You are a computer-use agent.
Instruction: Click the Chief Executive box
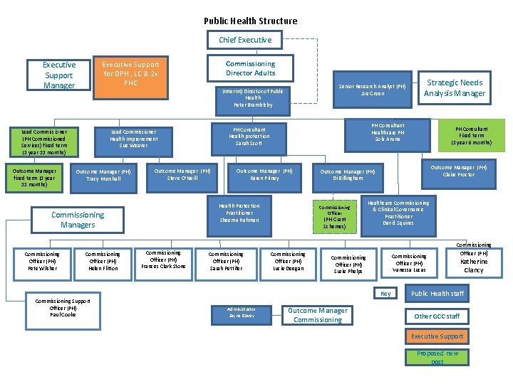[x=245, y=40]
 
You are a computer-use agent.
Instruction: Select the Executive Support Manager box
[x=59, y=75]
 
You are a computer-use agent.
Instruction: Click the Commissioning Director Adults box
[x=250, y=68]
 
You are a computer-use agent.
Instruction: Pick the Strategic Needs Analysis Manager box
[x=454, y=88]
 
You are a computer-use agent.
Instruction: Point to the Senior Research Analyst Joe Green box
[x=372, y=90]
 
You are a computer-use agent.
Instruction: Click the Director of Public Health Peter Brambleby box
[x=253, y=98]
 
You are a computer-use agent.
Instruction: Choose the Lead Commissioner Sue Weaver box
[x=133, y=138]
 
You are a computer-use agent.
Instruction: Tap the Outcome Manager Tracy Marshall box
[x=103, y=175]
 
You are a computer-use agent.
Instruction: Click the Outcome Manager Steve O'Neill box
[x=182, y=174]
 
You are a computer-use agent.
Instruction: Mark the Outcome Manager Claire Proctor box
[x=458, y=171]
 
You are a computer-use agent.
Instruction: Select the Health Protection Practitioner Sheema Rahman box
[x=239, y=213]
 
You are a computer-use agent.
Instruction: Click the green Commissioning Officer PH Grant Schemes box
[x=334, y=216]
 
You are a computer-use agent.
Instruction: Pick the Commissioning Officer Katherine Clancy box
[x=473, y=262]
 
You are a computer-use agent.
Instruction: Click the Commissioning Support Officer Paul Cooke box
[x=63, y=307]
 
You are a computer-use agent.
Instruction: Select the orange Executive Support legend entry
[x=437, y=336]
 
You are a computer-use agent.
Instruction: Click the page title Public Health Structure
[x=250, y=21]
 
